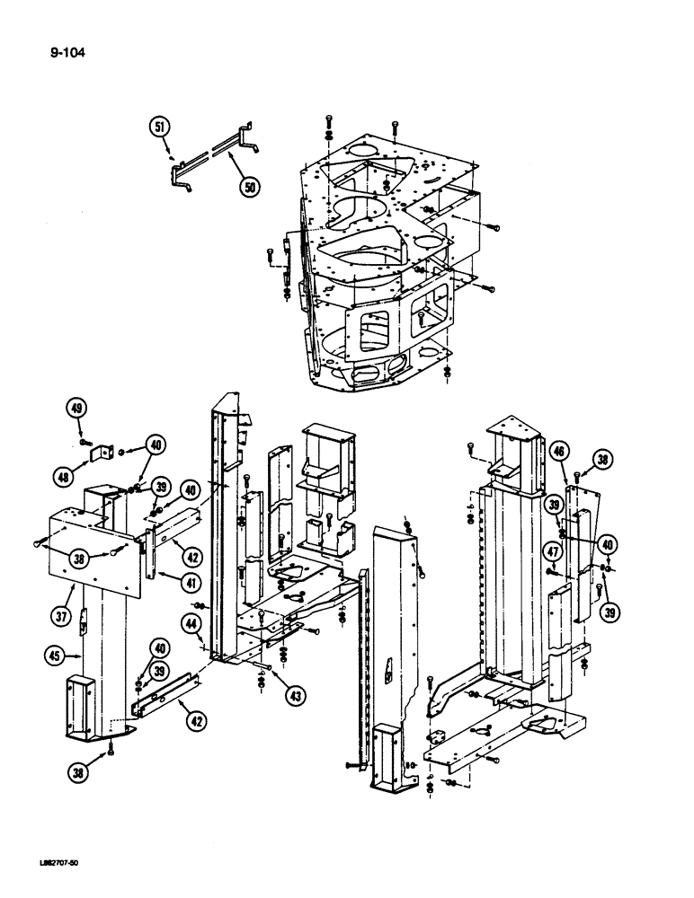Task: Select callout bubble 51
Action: click(x=161, y=128)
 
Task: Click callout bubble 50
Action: click(x=249, y=186)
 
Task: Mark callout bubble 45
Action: click(x=56, y=657)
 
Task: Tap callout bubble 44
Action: click(x=191, y=621)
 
